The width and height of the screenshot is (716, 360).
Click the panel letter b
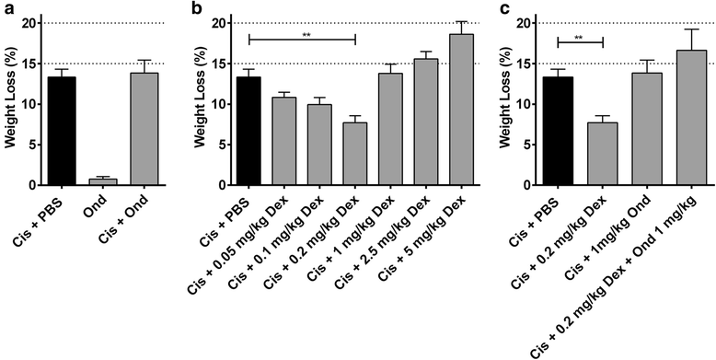[195, 9]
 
